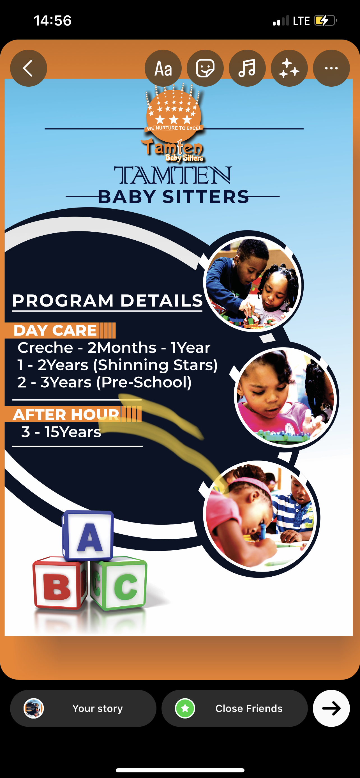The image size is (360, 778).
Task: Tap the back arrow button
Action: pos(29,68)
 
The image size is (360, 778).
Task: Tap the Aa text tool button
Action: pos(163,68)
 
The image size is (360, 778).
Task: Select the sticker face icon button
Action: pos(205,68)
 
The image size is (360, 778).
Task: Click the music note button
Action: pos(247,68)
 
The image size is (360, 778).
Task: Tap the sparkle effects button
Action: pos(289,68)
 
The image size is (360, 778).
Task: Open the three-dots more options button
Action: pos(331,68)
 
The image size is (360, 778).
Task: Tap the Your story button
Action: pos(83,708)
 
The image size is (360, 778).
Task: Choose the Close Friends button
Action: pos(234,708)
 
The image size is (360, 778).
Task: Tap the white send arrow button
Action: pos(331,708)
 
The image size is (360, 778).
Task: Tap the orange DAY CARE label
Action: pos(55,330)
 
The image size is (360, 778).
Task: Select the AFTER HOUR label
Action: pos(66,414)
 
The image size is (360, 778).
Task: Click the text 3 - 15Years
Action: pos(61,432)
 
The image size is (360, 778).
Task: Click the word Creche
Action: pos(45,347)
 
